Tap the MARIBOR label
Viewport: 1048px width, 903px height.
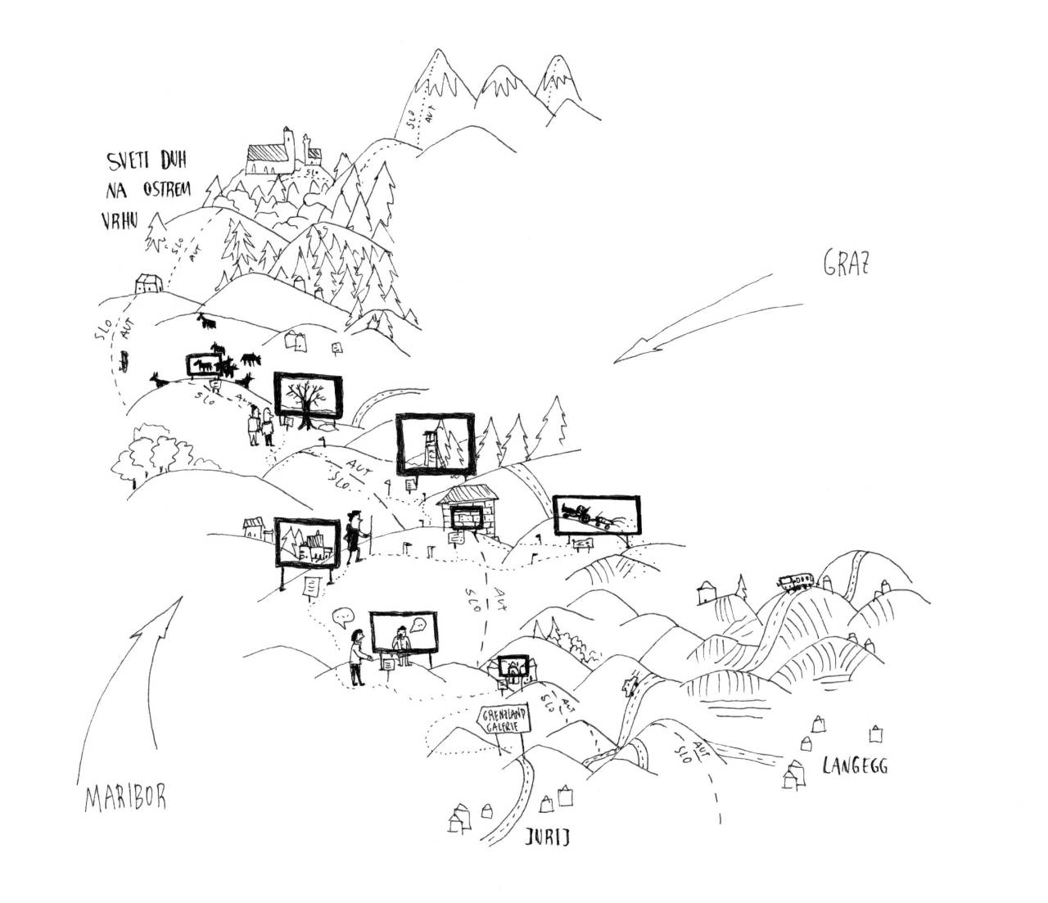point(125,799)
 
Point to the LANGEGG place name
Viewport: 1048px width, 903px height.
point(855,766)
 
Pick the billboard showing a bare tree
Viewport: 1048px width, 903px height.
point(307,399)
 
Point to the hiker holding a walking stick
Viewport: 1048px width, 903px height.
point(353,538)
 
